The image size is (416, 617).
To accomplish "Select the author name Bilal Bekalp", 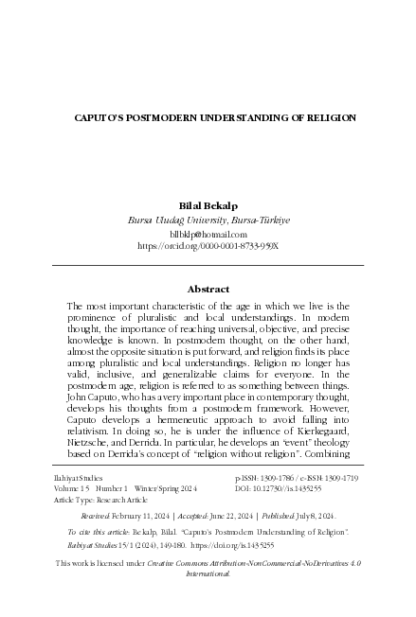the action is (208, 204).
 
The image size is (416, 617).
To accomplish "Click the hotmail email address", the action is (208, 233).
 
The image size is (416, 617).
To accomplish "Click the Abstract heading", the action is (208, 289).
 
